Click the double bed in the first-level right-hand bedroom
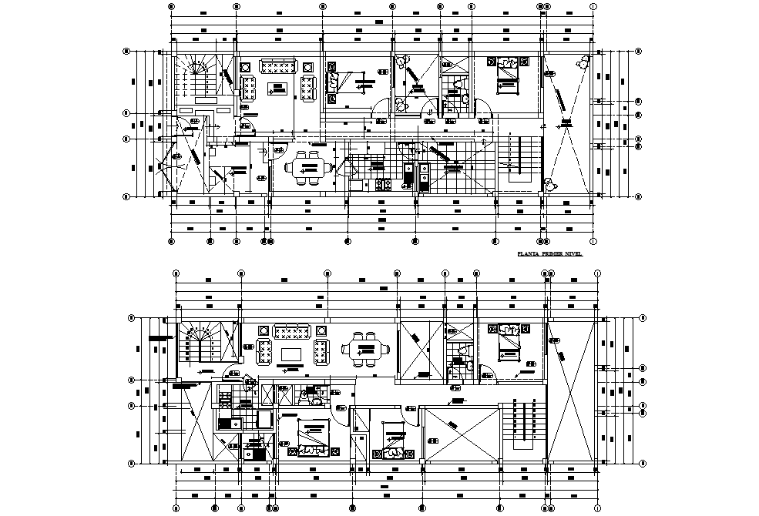pyautogui.click(x=505, y=75)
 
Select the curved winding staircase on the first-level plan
pyautogui.click(x=197, y=79)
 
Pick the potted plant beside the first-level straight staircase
pyautogui.click(x=549, y=184)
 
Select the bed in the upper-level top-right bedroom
pyautogui.click(x=509, y=341)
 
